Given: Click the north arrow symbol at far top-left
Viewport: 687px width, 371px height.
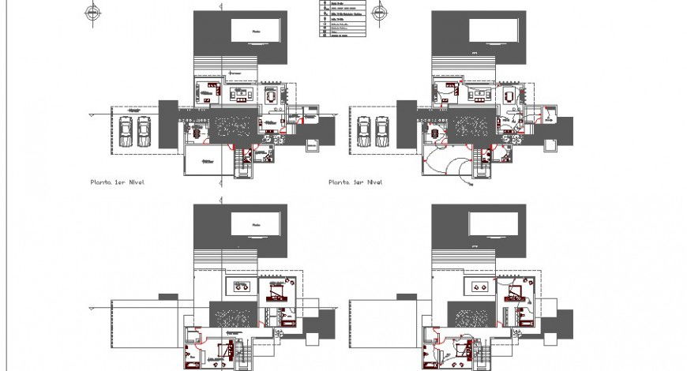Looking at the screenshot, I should [94, 12].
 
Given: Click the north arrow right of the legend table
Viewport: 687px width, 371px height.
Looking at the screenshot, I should [379, 12].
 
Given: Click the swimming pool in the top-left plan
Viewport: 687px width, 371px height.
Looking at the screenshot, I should [255, 32].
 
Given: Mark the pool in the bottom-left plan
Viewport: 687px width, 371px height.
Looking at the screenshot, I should [255, 223].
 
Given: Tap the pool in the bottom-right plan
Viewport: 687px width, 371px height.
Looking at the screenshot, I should [493, 223].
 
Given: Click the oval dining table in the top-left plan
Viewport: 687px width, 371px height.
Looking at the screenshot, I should [271, 96].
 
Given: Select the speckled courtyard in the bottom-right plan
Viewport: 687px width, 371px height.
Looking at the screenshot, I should [472, 316].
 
